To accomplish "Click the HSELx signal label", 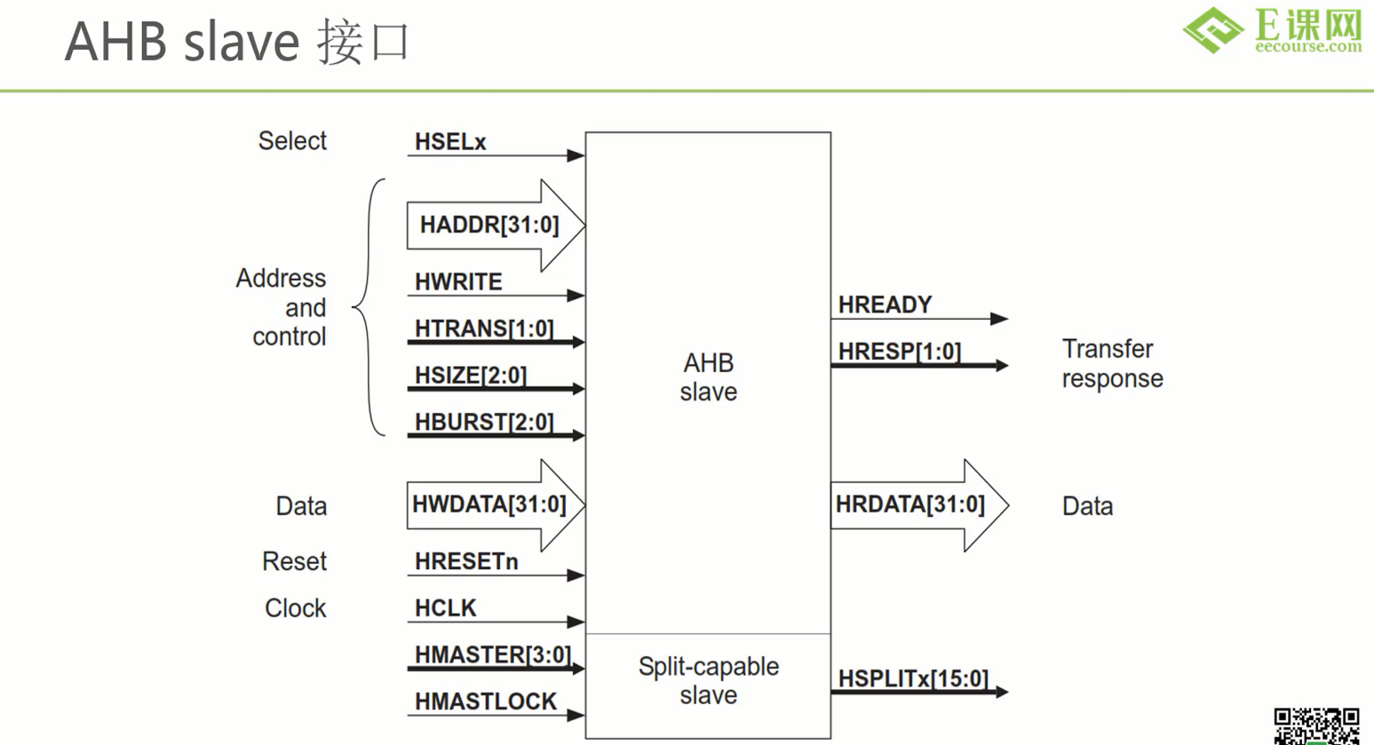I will [450, 142].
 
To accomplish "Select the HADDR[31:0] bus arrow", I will [490, 226].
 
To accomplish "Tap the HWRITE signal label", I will [458, 282].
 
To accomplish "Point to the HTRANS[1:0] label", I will [484, 329].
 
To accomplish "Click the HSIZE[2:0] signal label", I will [471, 376].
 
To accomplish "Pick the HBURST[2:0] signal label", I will [484, 423].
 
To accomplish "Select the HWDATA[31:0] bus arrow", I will [490, 505].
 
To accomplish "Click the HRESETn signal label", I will [466, 562].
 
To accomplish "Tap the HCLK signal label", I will [446, 608].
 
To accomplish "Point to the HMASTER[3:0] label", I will [493, 655].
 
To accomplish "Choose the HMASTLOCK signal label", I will [486, 702].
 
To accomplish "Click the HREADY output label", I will [886, 305].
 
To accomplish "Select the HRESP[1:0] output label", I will [900, 352].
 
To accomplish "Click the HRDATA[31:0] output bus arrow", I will [915, 505].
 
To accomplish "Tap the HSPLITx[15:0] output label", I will [913, 679].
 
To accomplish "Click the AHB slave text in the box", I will [708, 377].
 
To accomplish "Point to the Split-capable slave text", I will [708, 681].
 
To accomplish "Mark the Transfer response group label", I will [1112, 364].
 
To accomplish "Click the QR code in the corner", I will [1316, 725].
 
